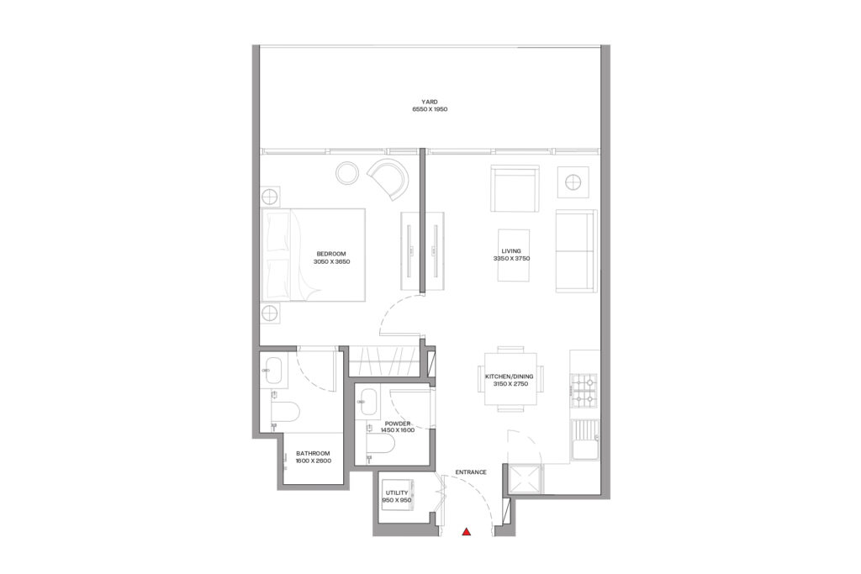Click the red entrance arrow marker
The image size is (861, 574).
coord(467,531)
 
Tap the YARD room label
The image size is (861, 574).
coord(430,102)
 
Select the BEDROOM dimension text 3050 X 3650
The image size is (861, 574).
coord(330,262)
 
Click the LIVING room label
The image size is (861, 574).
coord(511,250)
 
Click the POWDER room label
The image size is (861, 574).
coord(397,424)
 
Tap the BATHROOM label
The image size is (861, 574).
coord(313,453)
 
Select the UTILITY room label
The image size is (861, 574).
coord(396,492)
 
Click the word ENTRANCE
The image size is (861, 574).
coord(471,472)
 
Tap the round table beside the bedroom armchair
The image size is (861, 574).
coord(347,174)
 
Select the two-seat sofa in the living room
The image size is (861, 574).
coord(575,252)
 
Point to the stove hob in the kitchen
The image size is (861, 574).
coord(584,389)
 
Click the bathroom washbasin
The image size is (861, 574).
coord(272,371)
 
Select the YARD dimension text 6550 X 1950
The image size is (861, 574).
coord(430,110)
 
